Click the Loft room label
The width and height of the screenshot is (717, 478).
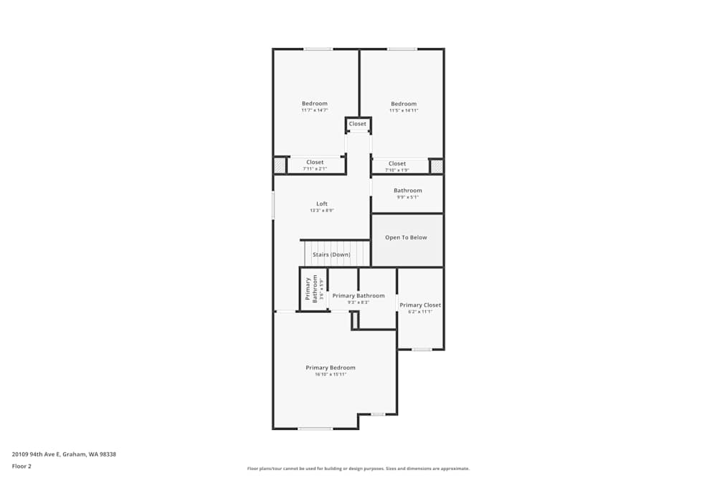point(322,204)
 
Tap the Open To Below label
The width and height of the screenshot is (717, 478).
point(406,237)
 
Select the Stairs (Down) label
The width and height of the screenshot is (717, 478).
point(331,254)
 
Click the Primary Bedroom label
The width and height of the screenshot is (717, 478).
point(331,368)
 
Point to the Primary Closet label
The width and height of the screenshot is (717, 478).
point(420,305)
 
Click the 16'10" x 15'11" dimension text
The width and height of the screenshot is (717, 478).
point(331,375)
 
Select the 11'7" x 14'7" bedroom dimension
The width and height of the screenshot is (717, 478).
point(314,110)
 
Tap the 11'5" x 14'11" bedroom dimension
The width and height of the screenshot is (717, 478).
point(404,110)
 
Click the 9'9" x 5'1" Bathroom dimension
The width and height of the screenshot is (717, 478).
point(407,197)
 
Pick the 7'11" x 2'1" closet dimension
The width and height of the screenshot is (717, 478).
point(315,169)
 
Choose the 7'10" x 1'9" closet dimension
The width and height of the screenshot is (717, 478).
point(397,170)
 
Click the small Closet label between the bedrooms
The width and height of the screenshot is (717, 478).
point(358,124)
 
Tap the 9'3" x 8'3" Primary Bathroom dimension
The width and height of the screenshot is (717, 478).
point(358,302)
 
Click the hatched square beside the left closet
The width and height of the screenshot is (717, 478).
point(280,166)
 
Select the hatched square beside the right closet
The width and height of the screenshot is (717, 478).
point(437,166)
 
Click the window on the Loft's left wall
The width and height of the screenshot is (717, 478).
point(273,205)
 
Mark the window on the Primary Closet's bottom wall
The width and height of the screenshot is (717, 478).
point(422,349)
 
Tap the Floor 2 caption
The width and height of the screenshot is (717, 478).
point(22,466)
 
